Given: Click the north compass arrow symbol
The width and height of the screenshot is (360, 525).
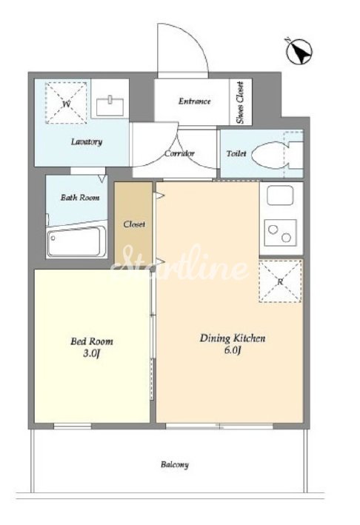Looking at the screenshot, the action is click(299, 51).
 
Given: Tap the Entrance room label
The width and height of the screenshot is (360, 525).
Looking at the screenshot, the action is click(194, 101).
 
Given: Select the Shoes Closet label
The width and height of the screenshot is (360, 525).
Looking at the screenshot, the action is click(240, 102).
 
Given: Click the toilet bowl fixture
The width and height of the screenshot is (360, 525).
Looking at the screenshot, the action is click(278, 155).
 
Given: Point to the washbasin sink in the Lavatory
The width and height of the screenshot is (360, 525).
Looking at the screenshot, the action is click(110, 105).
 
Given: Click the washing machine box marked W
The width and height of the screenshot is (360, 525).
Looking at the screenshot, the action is click(66, 103).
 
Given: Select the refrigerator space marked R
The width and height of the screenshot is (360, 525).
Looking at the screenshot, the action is click(280, 281).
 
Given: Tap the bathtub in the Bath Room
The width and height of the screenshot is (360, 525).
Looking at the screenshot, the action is click(76, 241).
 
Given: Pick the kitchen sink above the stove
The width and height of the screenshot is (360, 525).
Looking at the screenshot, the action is click(280, 195).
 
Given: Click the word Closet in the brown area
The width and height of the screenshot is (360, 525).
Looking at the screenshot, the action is click(134, 224).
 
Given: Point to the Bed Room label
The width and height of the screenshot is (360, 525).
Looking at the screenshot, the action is click(91, 341).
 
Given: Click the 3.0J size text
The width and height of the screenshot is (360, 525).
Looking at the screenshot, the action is click(92, 353).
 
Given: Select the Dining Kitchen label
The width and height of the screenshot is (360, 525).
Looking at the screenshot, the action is click(233, 338).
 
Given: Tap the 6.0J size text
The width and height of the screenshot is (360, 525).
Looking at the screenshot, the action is click(233, 350).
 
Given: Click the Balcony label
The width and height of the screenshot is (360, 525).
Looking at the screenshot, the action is click(175, 465).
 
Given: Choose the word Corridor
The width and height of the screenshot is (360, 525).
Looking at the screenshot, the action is click(179, 154).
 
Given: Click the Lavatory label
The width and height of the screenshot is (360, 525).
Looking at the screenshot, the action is click(87, 141).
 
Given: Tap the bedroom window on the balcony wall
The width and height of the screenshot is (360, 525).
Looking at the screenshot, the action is click(73, 426).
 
